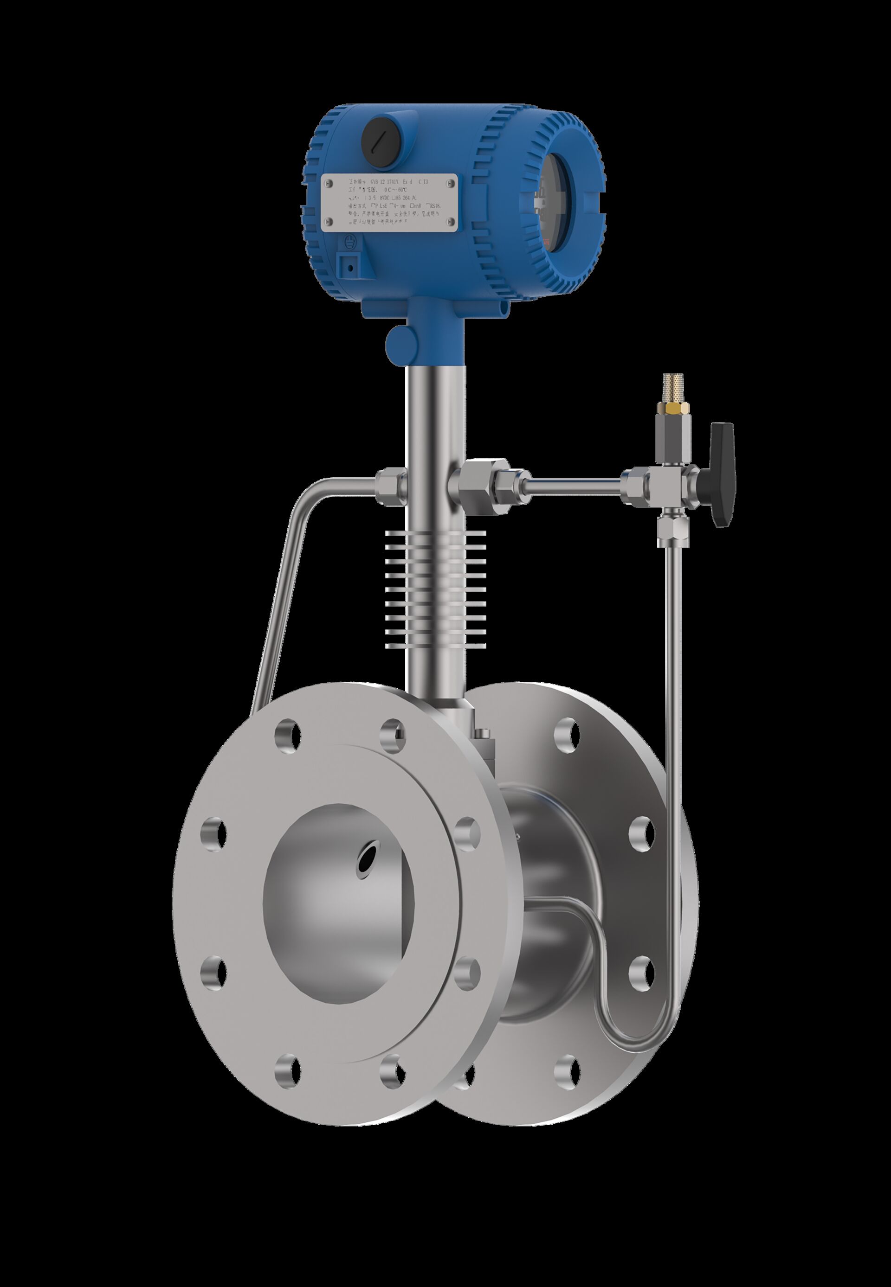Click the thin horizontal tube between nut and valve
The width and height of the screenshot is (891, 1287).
tap(575, 479)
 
